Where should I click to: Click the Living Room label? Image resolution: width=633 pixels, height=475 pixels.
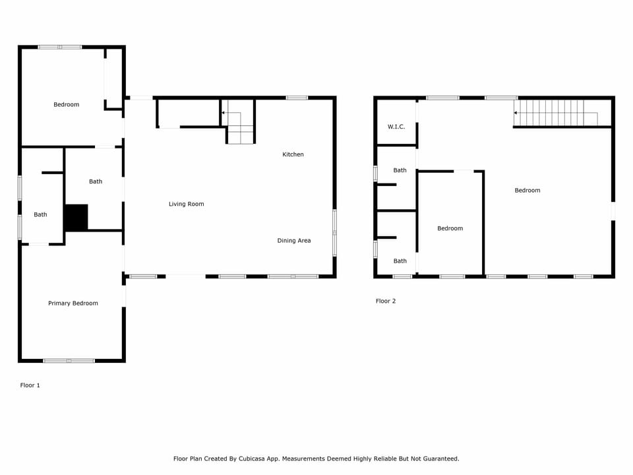click(186, 205)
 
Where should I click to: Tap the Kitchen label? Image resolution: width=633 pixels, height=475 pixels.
click(293, 154)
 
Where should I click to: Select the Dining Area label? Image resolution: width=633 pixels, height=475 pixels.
click(293, 241)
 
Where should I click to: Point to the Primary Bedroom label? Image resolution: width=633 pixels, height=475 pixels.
click(73, 303)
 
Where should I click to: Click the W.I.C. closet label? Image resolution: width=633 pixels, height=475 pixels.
click(396, 127)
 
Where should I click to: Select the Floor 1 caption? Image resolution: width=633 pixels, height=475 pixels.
click(30, 385)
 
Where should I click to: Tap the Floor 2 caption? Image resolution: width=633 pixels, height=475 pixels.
click(386, 301)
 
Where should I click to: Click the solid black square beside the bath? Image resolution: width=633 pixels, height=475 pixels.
click(76, 217)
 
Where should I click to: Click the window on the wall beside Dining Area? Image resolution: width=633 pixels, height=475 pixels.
click(334, 232)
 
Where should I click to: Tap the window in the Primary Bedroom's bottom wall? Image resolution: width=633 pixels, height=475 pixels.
click(69, 360)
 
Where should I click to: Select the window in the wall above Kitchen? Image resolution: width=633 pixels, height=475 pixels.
click(297, 98)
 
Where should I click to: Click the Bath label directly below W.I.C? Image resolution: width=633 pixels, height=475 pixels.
click(400, 170)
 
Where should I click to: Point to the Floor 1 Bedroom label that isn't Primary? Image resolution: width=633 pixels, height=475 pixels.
click(66, 104)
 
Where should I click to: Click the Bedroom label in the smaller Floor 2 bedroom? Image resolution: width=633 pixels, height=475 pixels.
click(450, 228)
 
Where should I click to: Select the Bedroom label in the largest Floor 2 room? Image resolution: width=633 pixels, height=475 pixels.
click(527, 191)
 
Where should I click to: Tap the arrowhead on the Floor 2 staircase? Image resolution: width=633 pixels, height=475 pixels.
click(516, 113)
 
